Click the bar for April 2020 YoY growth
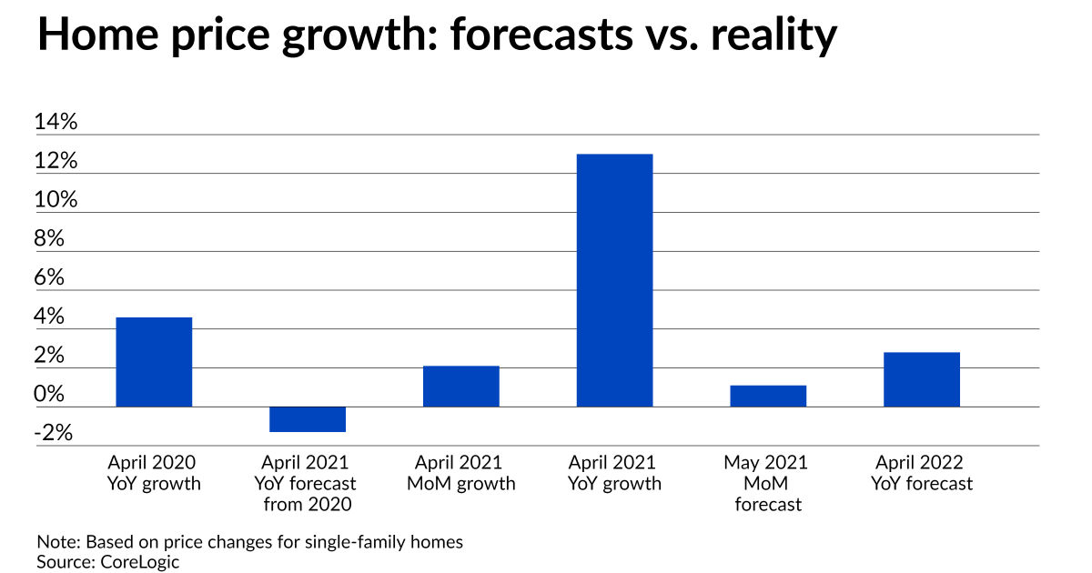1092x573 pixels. click(x=154, y=362)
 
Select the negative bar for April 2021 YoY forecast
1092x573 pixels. click(x=308, y=419)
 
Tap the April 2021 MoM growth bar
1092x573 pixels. click(x=460, y=387)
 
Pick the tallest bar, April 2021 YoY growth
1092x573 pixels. click(x=614, y=280)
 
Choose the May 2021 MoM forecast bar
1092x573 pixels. click(x=768, y=397)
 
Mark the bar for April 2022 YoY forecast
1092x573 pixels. click(x=921, y=379)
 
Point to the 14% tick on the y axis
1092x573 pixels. click(x=56, y=123)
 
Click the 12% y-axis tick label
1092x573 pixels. click(x=56, y=162)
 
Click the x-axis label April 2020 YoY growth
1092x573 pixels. click(x=154, y=473)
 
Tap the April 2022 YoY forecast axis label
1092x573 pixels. click(x=921, y=473)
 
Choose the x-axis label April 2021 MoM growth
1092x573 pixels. click(x=460, y=473)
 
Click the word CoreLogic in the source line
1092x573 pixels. click(x=140, y=562)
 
